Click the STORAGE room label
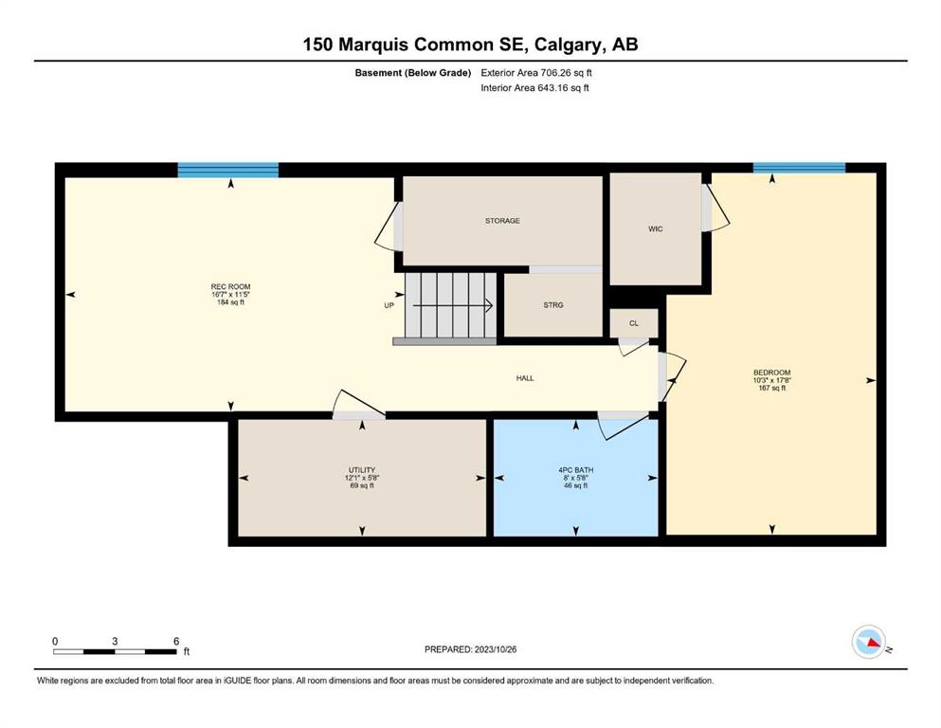tap(502, 221)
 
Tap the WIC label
tap(656, 229)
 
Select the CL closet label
tap(634, 323)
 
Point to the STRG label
tap(553, 305)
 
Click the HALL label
tap(525, 378)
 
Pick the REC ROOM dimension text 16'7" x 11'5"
tap(230, 295)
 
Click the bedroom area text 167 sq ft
tap(771, 389)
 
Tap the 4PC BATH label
tap(575, 470)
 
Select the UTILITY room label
tap(362, 470)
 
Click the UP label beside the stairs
tap(389, 305)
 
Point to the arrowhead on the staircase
tap(489, 305)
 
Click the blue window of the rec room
tap(228, 170)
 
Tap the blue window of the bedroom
tap(800, 168)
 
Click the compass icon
tap(869, 642)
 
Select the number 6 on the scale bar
tap(176, 641)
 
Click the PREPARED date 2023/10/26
tap(495, 649)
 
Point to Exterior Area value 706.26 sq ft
tap(566, 73)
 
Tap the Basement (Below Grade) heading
tap(413, 73)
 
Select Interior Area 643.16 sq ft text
tap(534, 88)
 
